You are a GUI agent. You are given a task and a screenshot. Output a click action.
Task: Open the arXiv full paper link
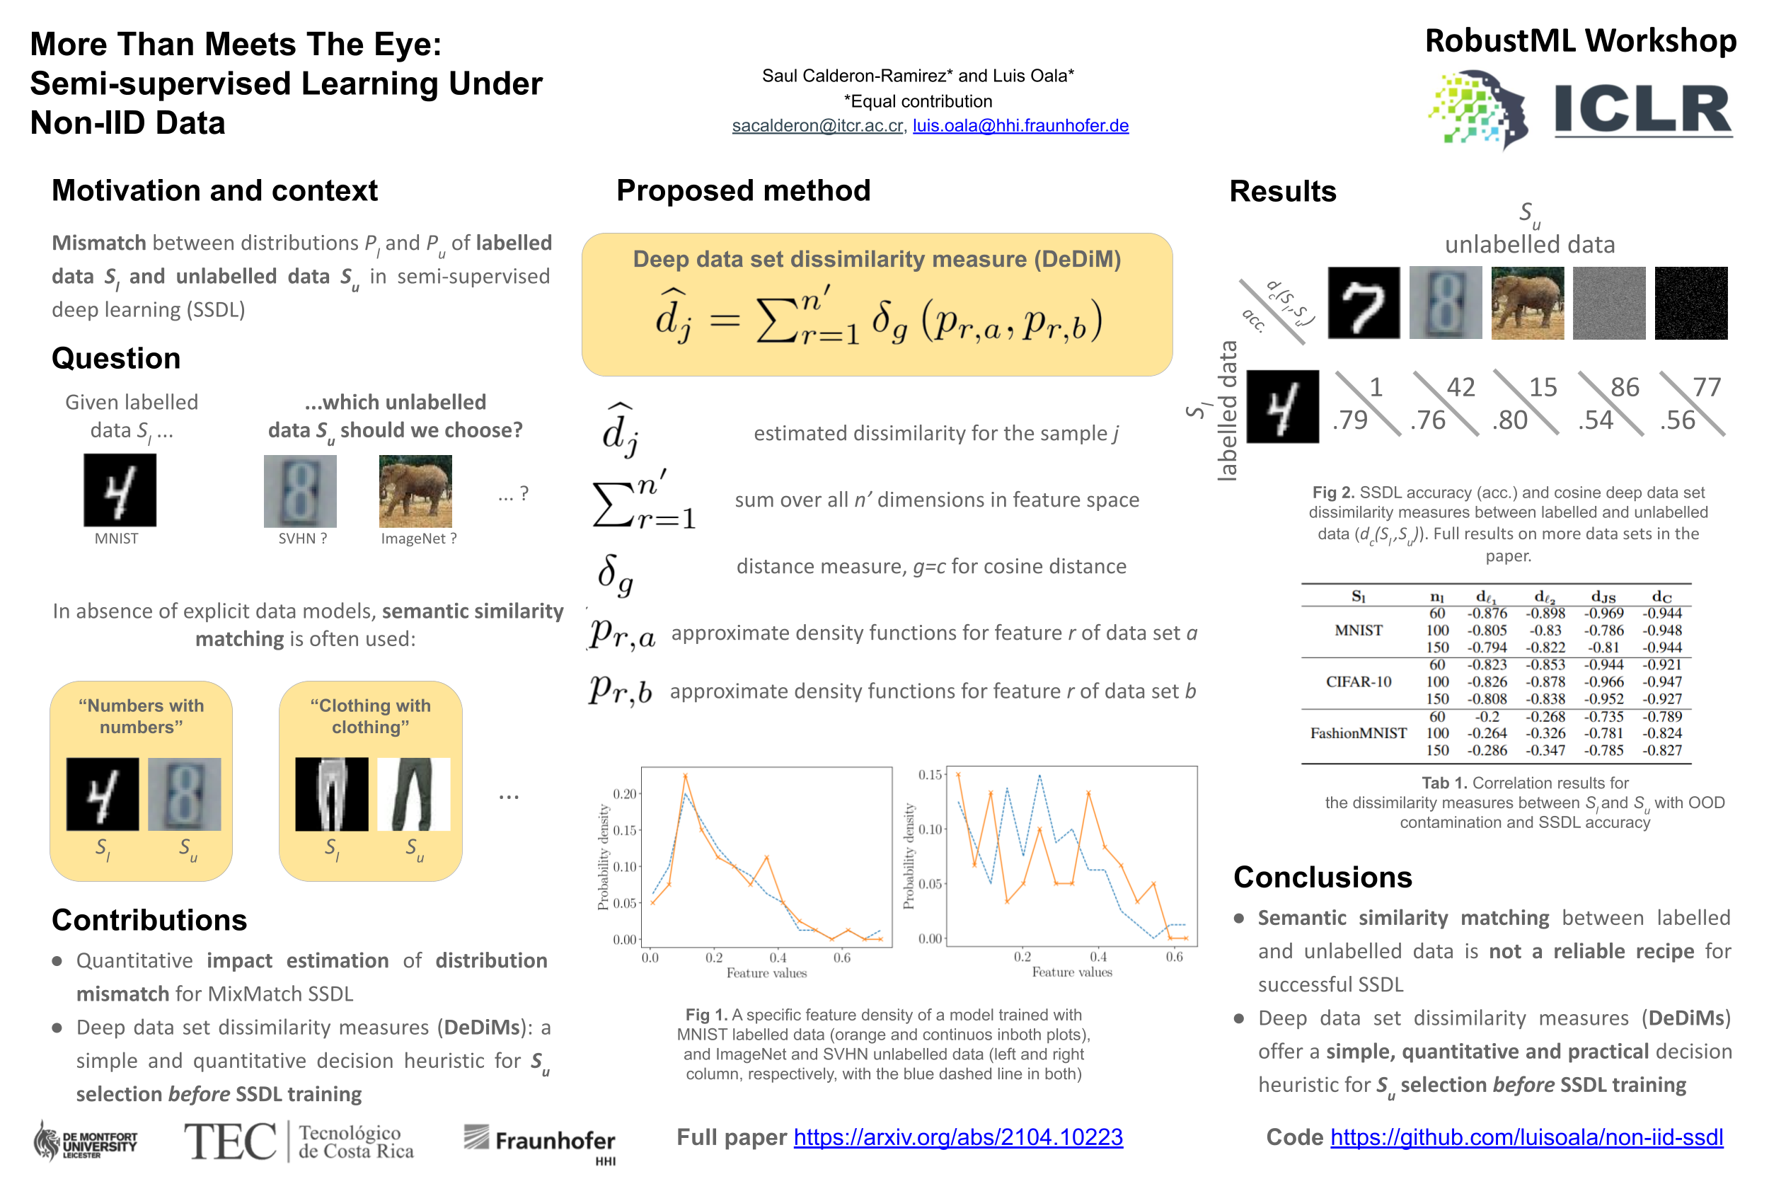958,1137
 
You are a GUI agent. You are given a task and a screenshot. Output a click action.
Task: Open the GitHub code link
1526,1137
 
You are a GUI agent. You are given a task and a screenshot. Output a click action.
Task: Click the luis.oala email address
1020,125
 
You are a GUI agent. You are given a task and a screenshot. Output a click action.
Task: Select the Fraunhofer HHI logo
539,1141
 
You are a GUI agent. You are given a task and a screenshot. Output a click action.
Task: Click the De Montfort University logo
85,1141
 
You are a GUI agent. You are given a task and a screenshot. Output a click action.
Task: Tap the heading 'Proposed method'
743,190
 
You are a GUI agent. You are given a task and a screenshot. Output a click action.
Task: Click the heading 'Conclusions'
1323,877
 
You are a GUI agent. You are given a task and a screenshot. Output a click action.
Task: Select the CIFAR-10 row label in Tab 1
1358,681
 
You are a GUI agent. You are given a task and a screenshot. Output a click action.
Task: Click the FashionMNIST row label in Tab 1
1358,733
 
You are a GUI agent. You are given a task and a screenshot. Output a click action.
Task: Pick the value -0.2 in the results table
1487,717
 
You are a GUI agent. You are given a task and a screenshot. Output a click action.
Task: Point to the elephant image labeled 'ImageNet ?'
415,491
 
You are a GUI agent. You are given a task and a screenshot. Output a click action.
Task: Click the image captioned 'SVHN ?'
300,491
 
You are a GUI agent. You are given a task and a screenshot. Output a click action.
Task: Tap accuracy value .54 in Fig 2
1595,420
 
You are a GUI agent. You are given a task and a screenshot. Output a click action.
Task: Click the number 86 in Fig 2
1624,387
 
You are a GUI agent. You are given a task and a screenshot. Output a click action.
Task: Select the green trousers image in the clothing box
413,794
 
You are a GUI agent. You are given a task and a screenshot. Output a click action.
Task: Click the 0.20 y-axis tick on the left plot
624,794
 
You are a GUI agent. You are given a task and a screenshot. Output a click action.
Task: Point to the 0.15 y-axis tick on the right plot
930,774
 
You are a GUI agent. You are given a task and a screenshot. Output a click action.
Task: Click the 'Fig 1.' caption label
706,1014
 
